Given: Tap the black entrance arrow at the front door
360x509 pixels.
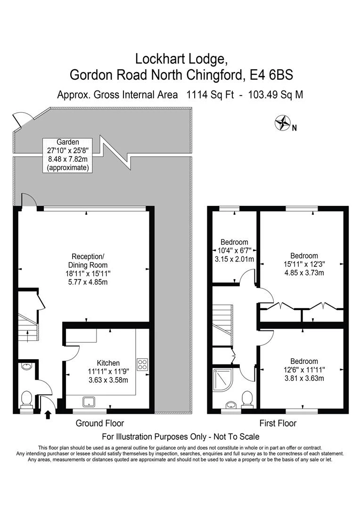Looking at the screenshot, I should pos(48,415).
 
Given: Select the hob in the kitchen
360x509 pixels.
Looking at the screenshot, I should pos(142,364).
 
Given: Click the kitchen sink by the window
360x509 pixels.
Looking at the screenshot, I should pos(89,402).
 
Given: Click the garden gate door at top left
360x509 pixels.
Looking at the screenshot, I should pos(21,120).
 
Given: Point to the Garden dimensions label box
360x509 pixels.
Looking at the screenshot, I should pos(68,155).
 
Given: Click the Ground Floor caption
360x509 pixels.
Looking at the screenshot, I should pos(100,423).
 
